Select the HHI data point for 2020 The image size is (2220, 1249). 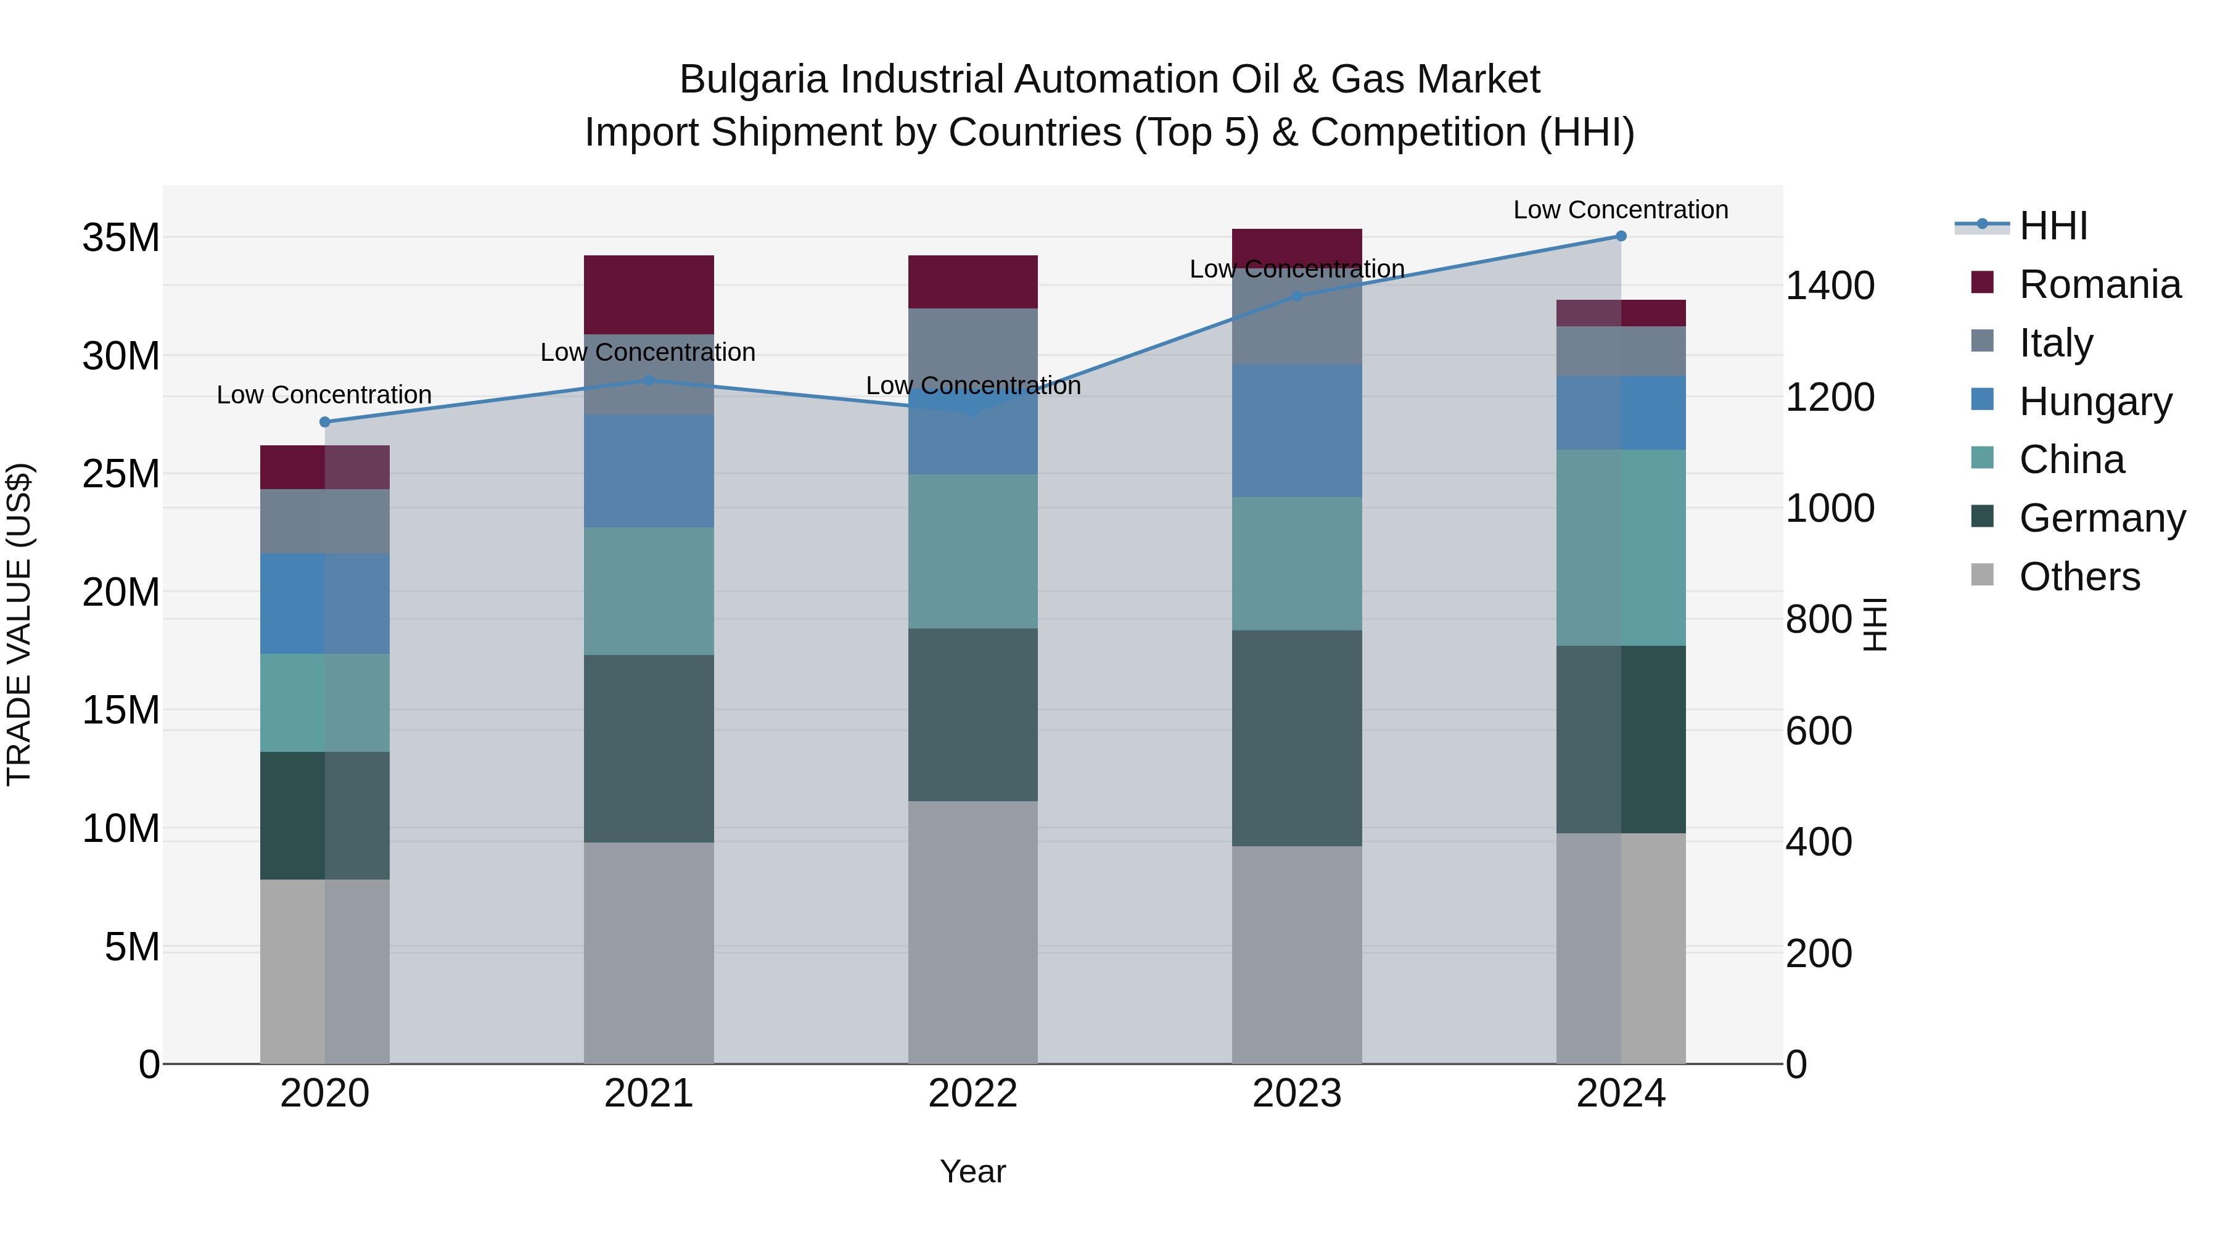(x=325, y=421)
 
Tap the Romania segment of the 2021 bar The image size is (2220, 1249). (x=648, y=295)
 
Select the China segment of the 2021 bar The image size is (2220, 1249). (x=648, y=592)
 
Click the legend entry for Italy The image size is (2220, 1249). (x=2055, y=343)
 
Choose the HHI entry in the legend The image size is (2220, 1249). (x=2053, y=226)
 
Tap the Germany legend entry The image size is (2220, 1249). (x=2101, y=518)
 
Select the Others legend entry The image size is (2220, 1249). (x=2079, y=577)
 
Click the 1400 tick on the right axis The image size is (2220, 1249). (x=1830, y=286)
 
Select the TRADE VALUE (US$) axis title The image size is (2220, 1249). (x=19, y=624)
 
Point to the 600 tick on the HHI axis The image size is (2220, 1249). (x=1819, y=731)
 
